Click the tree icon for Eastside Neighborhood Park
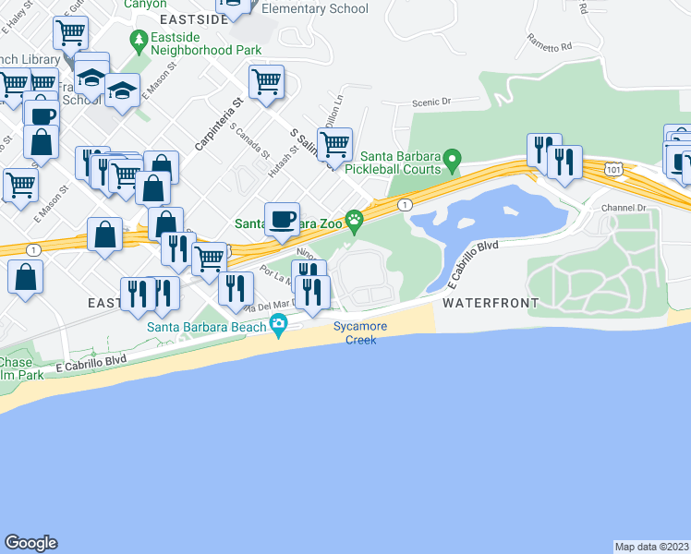[x=139, y=40]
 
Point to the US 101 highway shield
[x=612, y=168]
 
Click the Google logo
[x=30, y=543]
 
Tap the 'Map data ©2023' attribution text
[x=652, y=547]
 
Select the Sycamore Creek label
[x=360, y=333]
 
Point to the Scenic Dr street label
[x=431, y=102]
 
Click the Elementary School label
[x=315, y=8]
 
